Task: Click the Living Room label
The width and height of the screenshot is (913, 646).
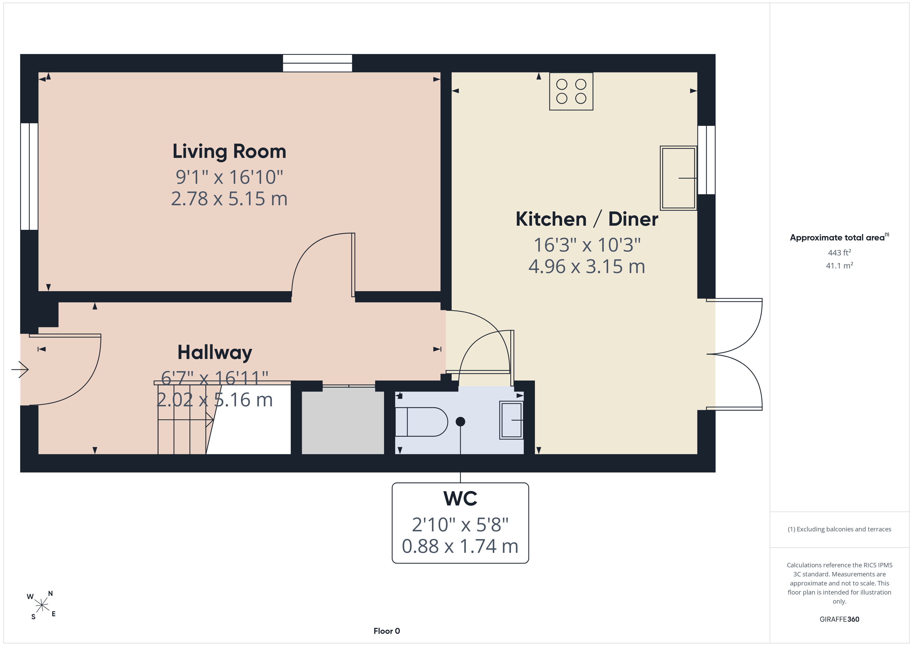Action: (229, 152)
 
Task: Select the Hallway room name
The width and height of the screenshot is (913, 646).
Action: (215, 353)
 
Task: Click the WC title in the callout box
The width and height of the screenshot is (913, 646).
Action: (460, 498)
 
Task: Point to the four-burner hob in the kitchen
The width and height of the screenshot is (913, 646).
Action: (571, 91)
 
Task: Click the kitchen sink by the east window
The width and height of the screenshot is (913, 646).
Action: (678, 178)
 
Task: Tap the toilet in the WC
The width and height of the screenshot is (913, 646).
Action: (422, 422)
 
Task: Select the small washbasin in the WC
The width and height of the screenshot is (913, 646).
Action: (511, 421)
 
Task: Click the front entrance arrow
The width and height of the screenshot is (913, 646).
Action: (20, 370)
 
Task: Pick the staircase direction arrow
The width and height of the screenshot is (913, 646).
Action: (186, 420)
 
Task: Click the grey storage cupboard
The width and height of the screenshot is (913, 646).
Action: (343, 421)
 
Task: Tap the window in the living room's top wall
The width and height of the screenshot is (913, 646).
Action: (317, 63)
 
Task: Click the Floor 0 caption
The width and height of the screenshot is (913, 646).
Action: (387, 631)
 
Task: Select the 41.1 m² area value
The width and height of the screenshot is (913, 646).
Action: (840, 265)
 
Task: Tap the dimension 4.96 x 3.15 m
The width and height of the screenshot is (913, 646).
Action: (586, 267)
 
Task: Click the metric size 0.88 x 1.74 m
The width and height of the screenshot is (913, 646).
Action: (460, 546)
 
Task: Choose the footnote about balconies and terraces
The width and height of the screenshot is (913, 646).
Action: (840, 529)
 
